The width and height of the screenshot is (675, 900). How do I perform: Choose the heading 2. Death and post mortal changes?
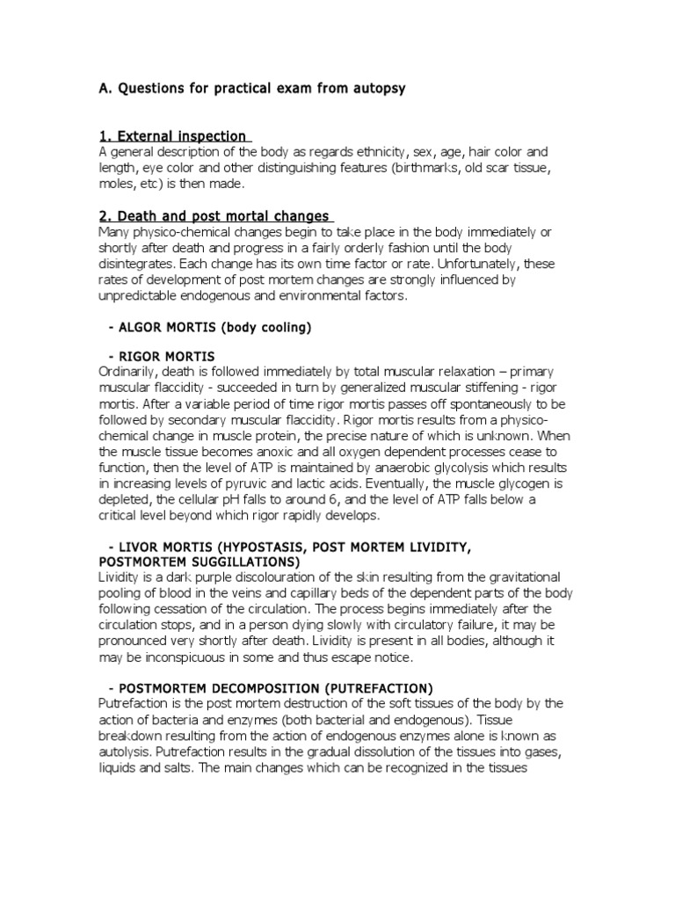pos(214,216)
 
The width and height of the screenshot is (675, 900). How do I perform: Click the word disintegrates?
pos(142,265)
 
